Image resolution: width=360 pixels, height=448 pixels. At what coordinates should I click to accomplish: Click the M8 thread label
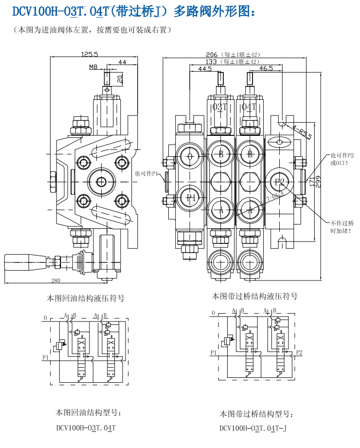click(x=93, y=67)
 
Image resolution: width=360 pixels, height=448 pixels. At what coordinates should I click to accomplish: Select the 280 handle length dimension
click(x=55, y=280)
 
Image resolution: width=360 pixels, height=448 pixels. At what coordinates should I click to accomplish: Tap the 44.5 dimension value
click(x=205, y=69)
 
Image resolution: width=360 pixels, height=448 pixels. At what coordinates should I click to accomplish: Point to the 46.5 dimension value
click(x=266, y=69)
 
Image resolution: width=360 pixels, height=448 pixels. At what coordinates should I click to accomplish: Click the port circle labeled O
click(x=191, y=156)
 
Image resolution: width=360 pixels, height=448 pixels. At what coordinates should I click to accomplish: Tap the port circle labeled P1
click(x=191, y=197)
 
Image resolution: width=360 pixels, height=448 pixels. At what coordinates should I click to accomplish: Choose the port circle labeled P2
click(x=279, y=182)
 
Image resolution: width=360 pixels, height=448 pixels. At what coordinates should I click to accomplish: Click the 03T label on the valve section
click(x=220, y=107)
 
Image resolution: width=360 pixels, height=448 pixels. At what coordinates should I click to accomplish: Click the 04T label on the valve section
click(x=249, y=107)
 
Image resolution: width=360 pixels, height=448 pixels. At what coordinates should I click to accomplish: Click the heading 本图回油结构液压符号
click(x=85, y=298)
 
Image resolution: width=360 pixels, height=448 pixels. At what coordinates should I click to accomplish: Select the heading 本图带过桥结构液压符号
click(x=254, y=296)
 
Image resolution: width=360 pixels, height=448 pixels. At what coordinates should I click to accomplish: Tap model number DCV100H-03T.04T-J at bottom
click(x=253, y=429)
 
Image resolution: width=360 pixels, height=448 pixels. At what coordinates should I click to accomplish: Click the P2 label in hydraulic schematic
click(x=300, y=352)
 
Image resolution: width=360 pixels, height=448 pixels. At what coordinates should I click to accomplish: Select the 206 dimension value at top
click(x=211, y=55)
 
